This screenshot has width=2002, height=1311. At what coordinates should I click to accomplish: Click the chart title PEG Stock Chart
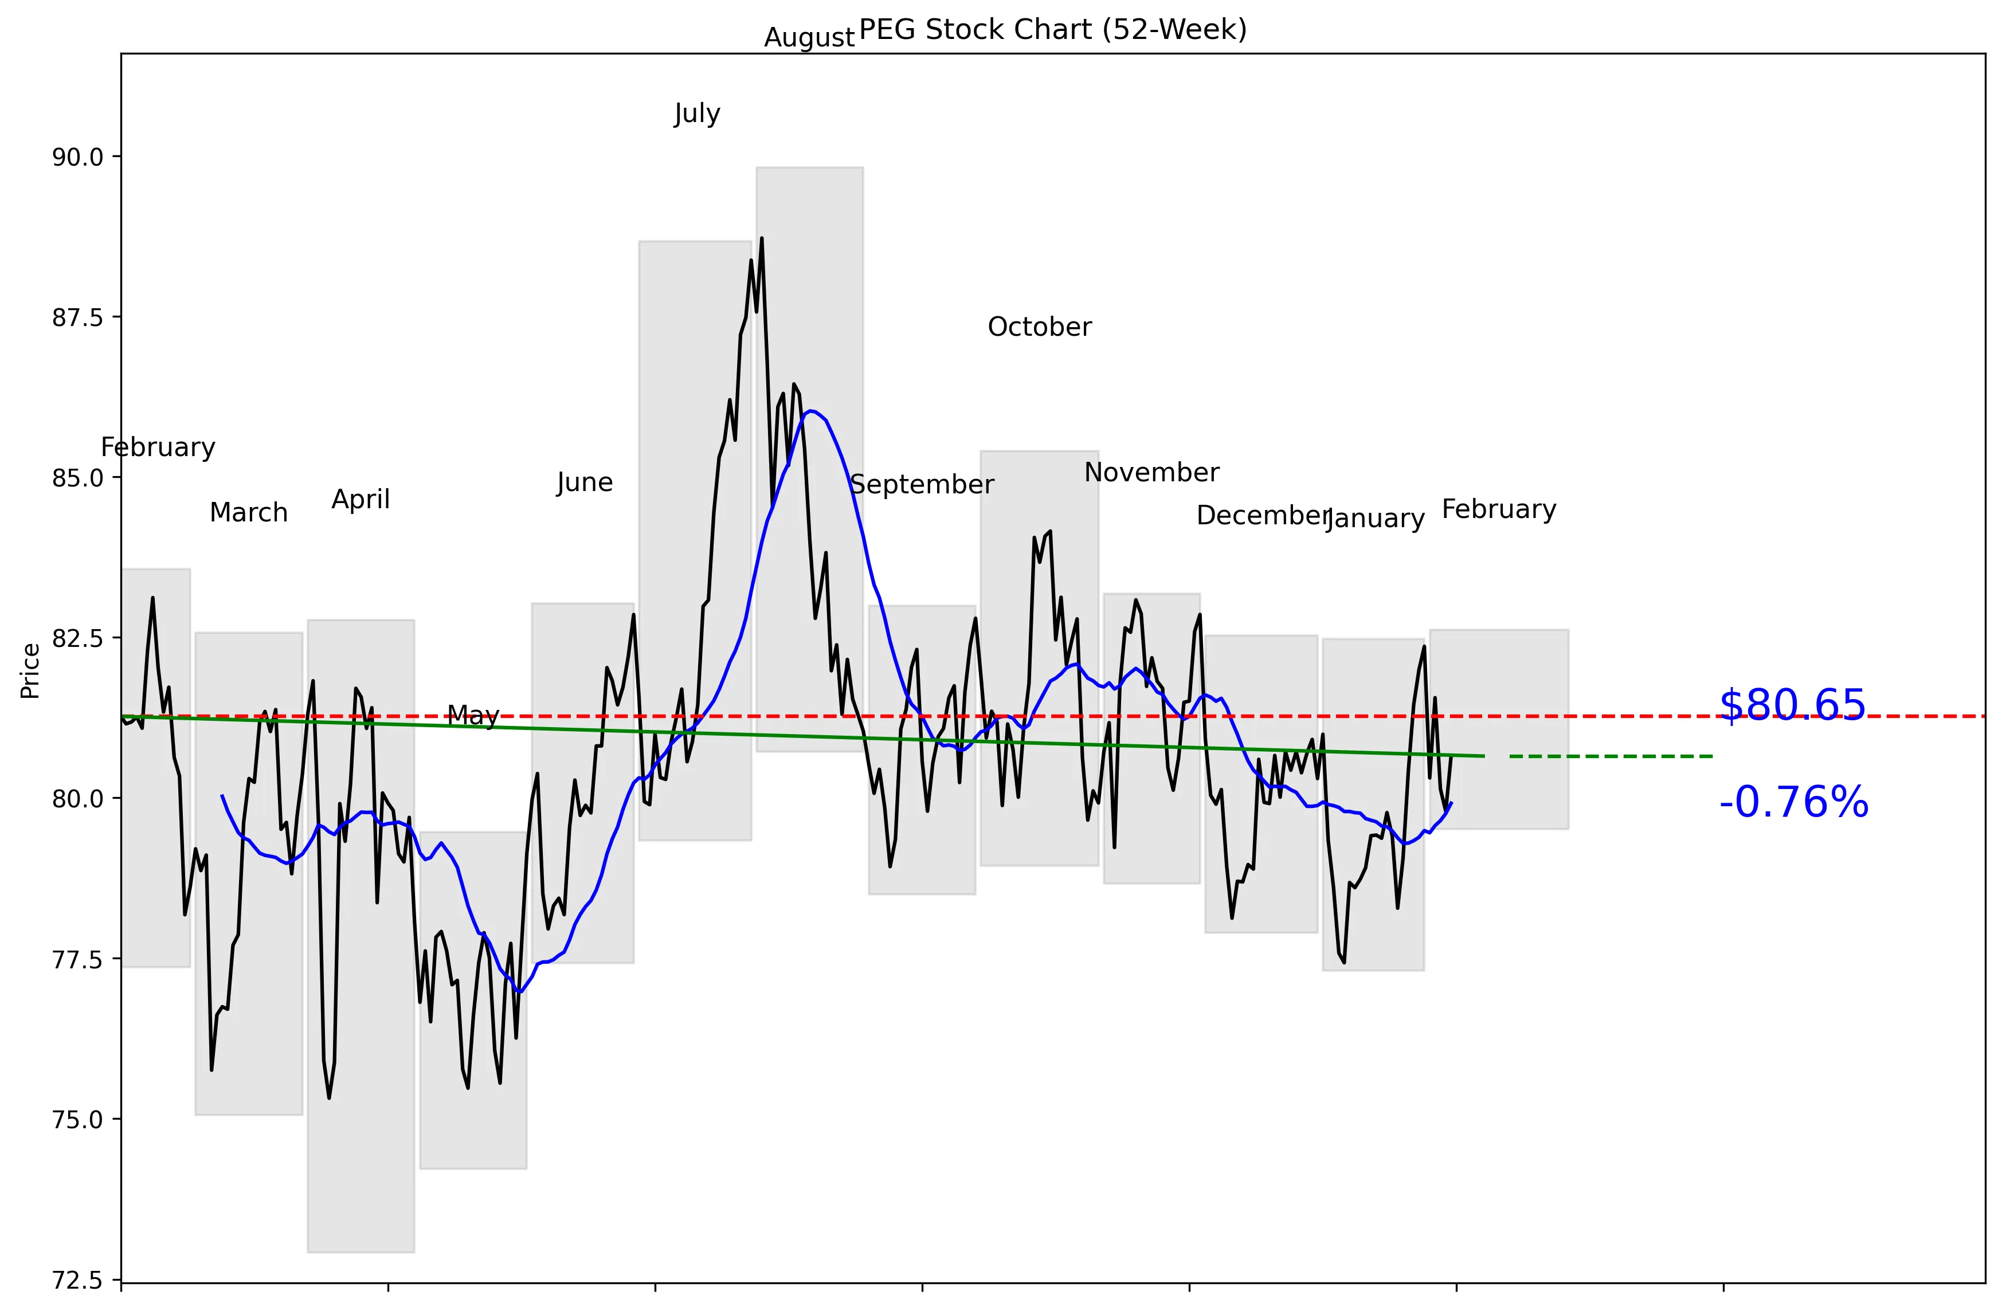[1052, 30]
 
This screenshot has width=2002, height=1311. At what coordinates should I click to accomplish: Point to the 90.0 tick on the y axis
[77, 157]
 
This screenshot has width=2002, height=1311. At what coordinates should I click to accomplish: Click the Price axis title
[30, 670]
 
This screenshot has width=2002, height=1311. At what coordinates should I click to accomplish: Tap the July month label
[698, 113]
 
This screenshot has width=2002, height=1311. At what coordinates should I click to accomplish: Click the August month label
[809, 38]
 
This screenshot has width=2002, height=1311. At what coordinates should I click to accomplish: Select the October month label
[1040, 327]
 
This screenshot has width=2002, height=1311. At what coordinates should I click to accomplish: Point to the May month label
[473, 716]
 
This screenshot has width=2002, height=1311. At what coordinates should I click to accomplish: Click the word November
[1151, 473]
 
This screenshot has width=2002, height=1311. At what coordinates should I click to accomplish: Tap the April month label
[361, 500]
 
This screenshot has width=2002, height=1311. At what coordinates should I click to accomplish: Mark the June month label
[585, 482]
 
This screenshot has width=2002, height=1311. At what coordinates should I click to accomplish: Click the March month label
[249, 513]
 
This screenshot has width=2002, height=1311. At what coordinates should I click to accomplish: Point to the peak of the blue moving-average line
[809, 411]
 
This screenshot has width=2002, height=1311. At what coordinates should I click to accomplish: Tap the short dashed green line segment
[1611, 757]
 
